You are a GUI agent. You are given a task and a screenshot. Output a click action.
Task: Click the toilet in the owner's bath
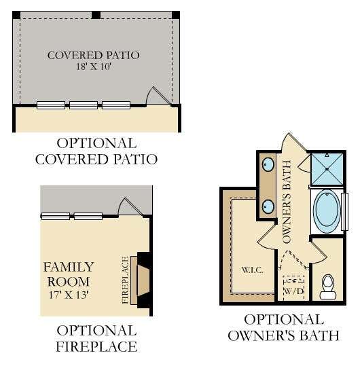327,287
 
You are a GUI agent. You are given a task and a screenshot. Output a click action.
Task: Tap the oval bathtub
327,209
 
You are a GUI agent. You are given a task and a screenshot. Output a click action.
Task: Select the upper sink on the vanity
268,164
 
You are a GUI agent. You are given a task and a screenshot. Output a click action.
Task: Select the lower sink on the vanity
268,206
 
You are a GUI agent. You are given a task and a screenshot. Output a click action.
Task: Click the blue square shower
327,169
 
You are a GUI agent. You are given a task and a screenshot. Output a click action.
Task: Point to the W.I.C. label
252,270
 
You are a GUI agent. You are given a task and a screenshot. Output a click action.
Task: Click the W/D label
293,291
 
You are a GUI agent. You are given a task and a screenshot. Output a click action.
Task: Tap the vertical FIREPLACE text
126,280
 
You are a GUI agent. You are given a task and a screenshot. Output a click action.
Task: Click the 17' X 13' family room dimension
69,295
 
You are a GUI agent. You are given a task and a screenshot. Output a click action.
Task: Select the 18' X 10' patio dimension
93,67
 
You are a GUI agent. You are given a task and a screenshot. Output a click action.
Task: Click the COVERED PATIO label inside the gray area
93,55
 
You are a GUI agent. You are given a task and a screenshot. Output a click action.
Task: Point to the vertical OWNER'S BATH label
287,202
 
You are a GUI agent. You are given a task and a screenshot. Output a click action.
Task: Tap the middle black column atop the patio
96,15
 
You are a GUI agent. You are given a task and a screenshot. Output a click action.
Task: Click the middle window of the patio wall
84,105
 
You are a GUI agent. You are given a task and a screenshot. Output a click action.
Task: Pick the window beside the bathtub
345,212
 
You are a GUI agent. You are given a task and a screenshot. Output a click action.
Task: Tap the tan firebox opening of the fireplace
143,280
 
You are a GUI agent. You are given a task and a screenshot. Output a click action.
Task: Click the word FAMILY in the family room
69,267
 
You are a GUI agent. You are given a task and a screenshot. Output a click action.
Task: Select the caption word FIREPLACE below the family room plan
96,346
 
